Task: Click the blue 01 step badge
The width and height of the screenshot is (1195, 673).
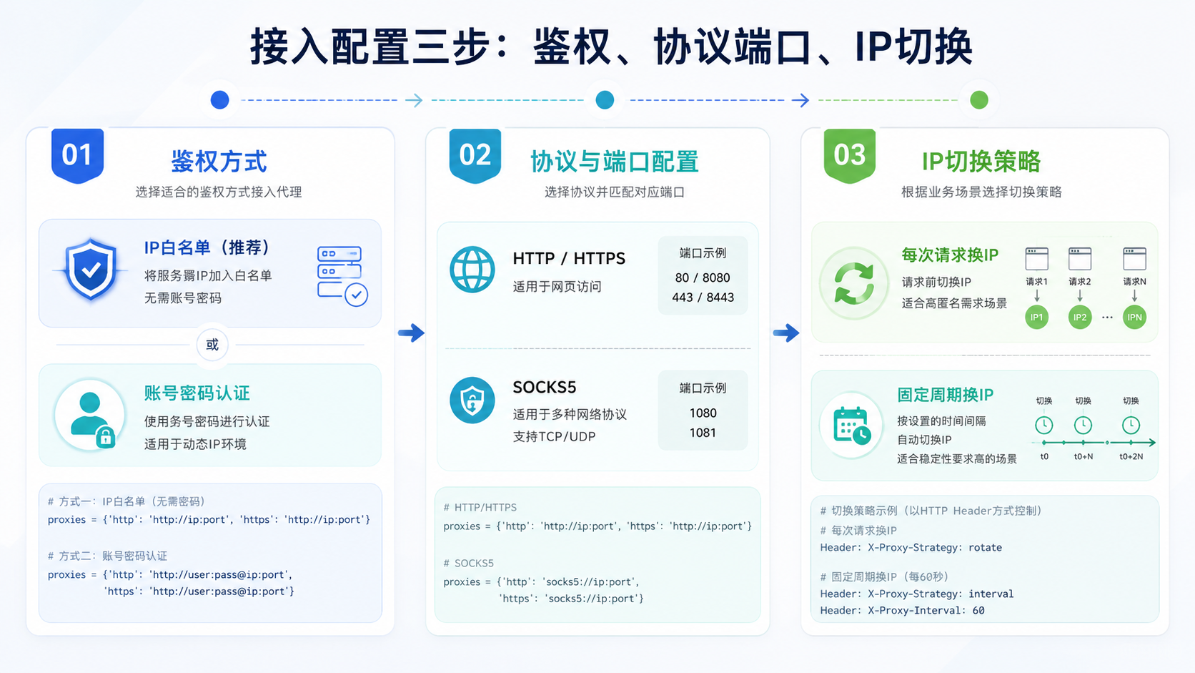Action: (77, 155)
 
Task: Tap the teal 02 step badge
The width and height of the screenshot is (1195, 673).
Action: (475, 155)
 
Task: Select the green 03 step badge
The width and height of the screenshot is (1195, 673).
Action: (850, 155)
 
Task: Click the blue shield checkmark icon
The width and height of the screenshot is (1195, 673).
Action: (91, 270)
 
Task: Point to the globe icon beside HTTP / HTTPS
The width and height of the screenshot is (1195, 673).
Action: (472, 270)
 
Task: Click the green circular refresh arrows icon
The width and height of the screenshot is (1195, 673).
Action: (854, 283)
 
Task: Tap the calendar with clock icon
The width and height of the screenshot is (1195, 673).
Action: (852, 426)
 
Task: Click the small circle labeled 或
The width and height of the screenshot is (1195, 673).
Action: (212, 345)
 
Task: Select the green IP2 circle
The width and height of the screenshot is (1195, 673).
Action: (1080, 317)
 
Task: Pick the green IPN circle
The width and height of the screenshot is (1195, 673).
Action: (1134, 317)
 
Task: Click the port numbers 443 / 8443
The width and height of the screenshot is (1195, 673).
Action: (703, 298)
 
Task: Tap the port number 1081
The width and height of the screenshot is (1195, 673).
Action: (703, 433)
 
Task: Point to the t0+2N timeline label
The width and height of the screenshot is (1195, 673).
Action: (1131, 456)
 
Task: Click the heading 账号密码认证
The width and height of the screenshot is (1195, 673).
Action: (197, 393)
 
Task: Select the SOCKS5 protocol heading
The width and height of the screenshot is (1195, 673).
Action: (544, 387)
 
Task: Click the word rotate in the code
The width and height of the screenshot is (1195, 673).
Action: (986, 548)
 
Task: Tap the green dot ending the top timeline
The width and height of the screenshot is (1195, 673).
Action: (979, 100)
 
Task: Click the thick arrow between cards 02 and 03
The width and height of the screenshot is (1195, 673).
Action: (785, 333)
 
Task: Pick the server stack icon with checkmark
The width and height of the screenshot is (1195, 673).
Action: (342, 275)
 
